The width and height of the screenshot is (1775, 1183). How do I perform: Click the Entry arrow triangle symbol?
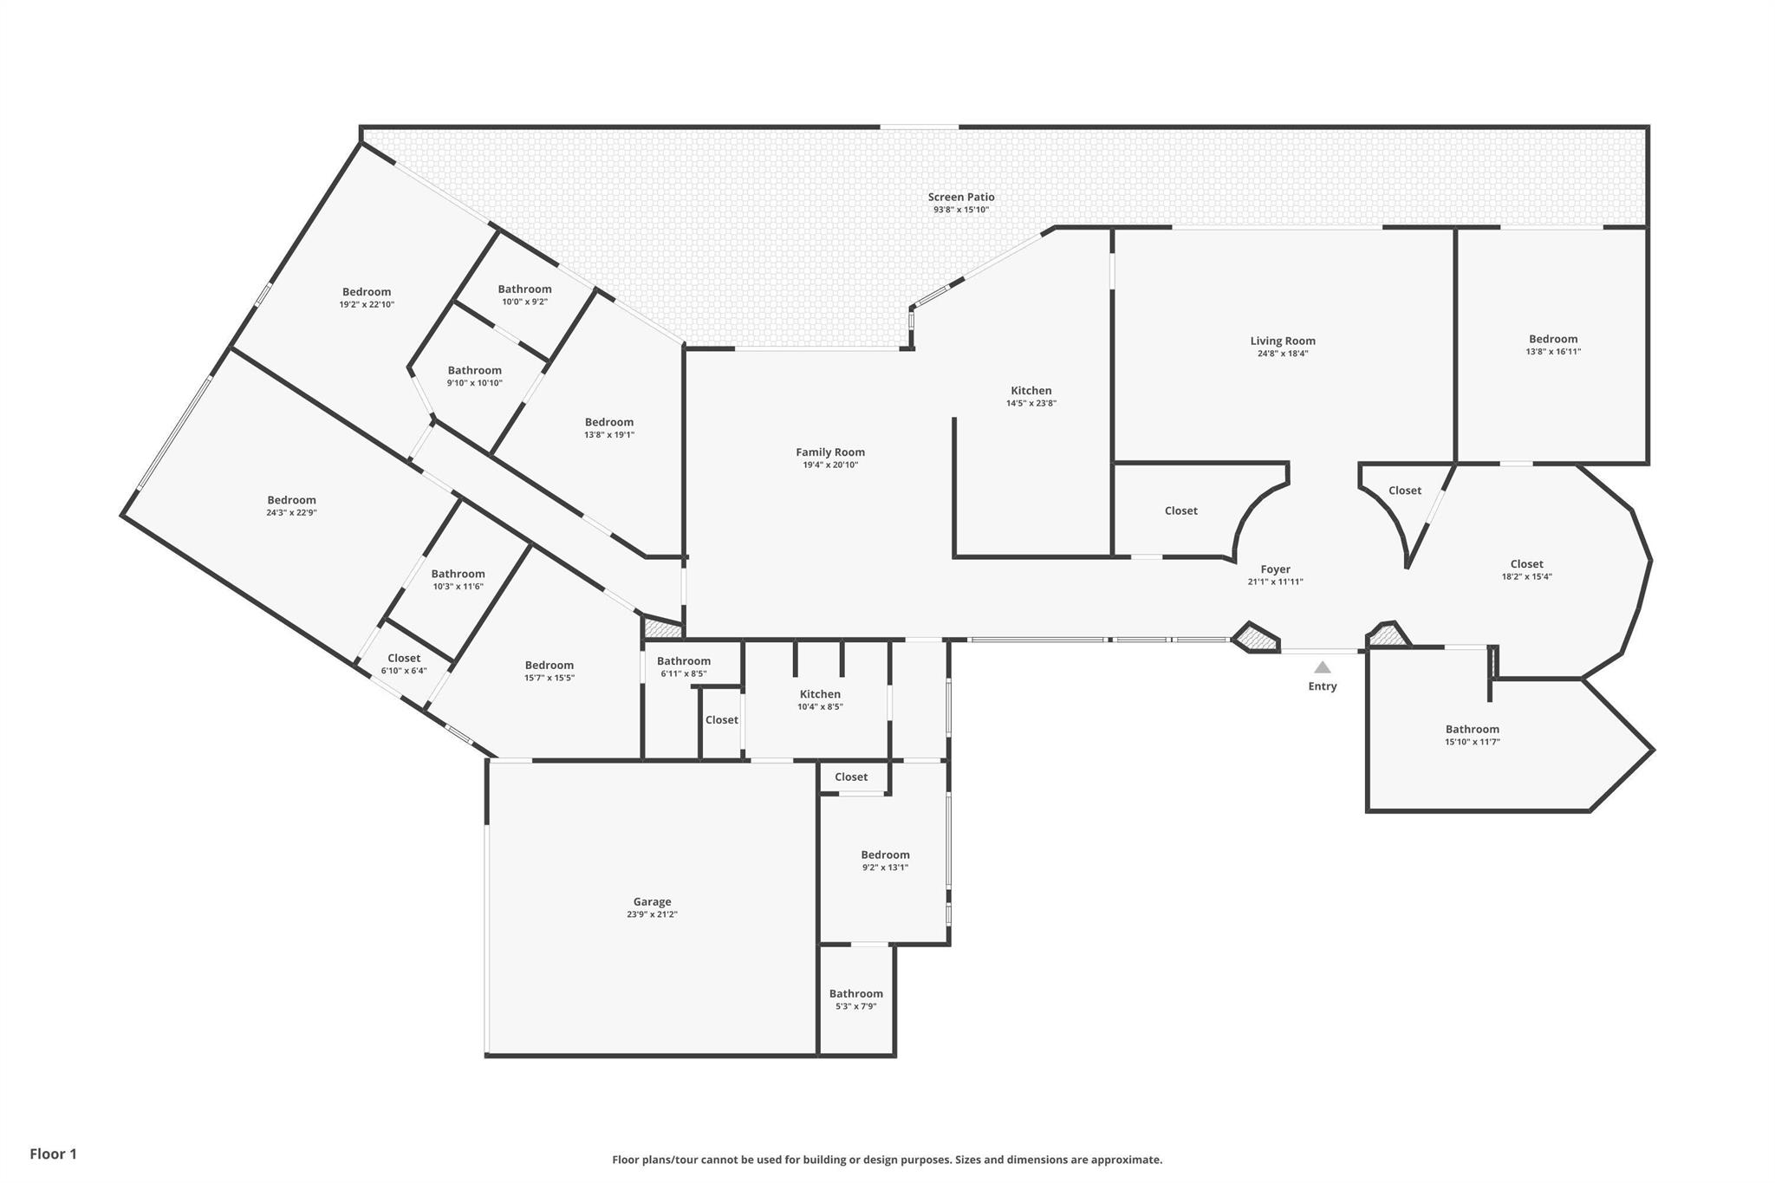coord(1322,667)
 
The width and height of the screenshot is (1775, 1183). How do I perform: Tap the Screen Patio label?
coord(961,198)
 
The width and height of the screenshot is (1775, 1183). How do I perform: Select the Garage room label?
coord(652,902)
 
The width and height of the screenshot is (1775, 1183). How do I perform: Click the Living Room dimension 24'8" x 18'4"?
coord(1282,354)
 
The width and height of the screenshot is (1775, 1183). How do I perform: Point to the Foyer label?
coord(1275,569)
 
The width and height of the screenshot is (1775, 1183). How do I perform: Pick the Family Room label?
coord(830,452)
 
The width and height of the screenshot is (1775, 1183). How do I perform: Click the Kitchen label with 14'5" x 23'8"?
coord(1031,391)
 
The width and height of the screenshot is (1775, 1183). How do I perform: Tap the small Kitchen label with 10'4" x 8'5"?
coord(820,694)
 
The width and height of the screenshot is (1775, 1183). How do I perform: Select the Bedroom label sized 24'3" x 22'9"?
coord(291,500)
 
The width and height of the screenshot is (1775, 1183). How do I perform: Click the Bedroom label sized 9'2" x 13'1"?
coord(885,855)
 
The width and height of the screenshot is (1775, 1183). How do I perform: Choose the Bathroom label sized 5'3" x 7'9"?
coord(855,994)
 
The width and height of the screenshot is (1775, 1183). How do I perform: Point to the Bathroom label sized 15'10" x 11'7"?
coord(1472,730)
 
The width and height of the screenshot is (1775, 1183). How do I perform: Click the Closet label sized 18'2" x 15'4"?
coord(1526,564)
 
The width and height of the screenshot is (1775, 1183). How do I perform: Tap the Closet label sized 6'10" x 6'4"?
coord(404,659)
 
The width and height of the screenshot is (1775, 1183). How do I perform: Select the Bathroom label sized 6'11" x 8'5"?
coord(683,661)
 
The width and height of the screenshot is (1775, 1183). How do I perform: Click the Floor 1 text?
coord(54,1154)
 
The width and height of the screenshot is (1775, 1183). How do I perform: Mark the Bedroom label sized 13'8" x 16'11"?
coord(1553,340)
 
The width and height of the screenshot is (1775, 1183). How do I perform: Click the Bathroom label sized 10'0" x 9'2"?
coord(524,289)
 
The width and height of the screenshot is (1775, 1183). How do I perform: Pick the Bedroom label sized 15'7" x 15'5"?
coord(549,666)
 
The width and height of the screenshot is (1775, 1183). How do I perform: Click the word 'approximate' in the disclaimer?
coord(1125,1160)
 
